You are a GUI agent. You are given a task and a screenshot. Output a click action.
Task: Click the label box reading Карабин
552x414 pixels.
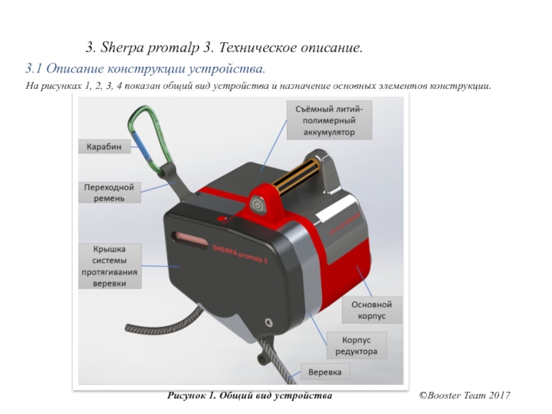103,146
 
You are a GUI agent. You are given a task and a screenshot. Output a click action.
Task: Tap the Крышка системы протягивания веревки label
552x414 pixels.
110,266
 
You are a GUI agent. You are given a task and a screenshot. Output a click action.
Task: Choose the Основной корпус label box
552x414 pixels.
371,310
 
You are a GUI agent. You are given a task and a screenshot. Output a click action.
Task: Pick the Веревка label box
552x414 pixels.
324,373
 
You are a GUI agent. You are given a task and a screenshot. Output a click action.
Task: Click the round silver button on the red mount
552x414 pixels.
259,204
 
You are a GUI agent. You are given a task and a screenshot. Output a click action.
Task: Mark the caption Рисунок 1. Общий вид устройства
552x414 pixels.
250,395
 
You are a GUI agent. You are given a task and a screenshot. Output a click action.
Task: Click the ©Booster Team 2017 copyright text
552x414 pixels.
464,395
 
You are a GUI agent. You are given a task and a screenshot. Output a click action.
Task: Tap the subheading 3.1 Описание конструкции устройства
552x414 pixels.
145,70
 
